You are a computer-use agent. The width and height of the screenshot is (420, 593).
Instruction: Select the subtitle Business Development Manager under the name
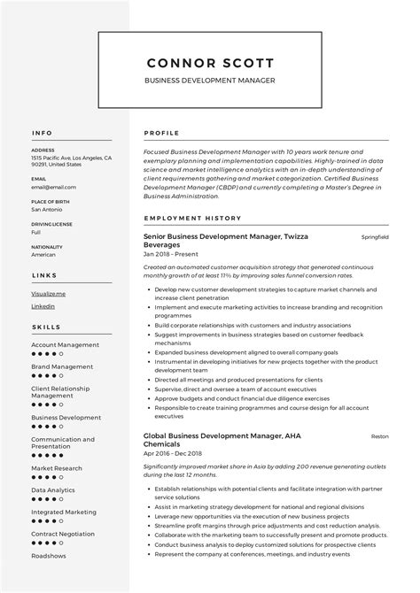coord(210,81)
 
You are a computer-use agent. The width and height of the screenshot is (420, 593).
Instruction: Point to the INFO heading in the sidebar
coord(42,134)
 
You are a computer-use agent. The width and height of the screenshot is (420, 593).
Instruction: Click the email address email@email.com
coord(53,187)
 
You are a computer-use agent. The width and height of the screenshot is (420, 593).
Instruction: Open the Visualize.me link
coord(49,292)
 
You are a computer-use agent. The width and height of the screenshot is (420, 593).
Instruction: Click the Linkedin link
coord(43,306)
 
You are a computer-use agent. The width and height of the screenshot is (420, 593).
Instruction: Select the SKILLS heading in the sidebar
coord(46,327)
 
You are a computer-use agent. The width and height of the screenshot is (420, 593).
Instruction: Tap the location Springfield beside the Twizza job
coord(375,238)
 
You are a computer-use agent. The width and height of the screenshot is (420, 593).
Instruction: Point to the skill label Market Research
coord(57,468)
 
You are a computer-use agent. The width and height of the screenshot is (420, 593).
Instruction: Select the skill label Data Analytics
coord(53,489)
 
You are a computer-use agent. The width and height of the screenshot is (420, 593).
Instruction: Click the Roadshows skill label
coord(49,555)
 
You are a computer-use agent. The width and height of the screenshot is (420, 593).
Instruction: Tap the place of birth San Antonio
coord(48,209)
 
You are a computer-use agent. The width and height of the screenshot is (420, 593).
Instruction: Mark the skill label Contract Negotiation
coord(64,534)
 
